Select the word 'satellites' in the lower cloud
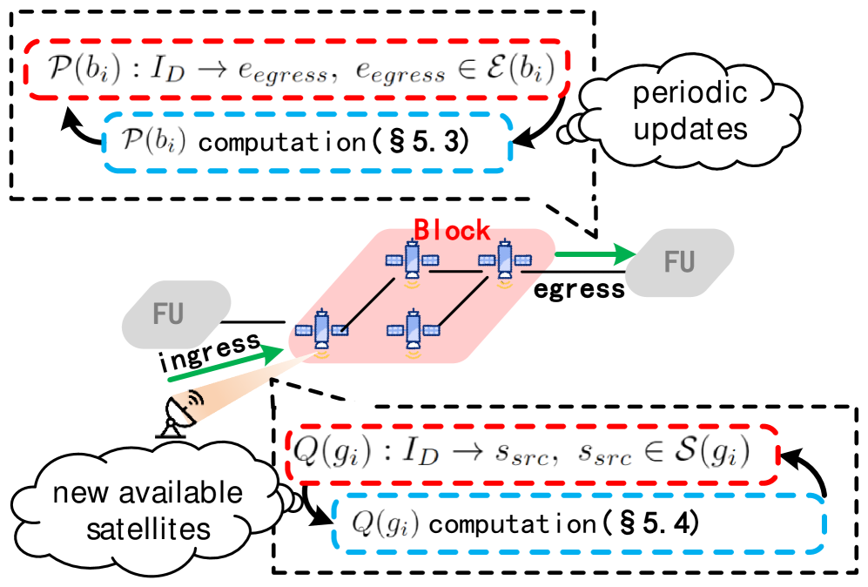(149, 528)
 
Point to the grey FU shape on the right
(680, 260)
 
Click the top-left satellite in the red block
(412, 260)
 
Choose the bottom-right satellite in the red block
(412, 332)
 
